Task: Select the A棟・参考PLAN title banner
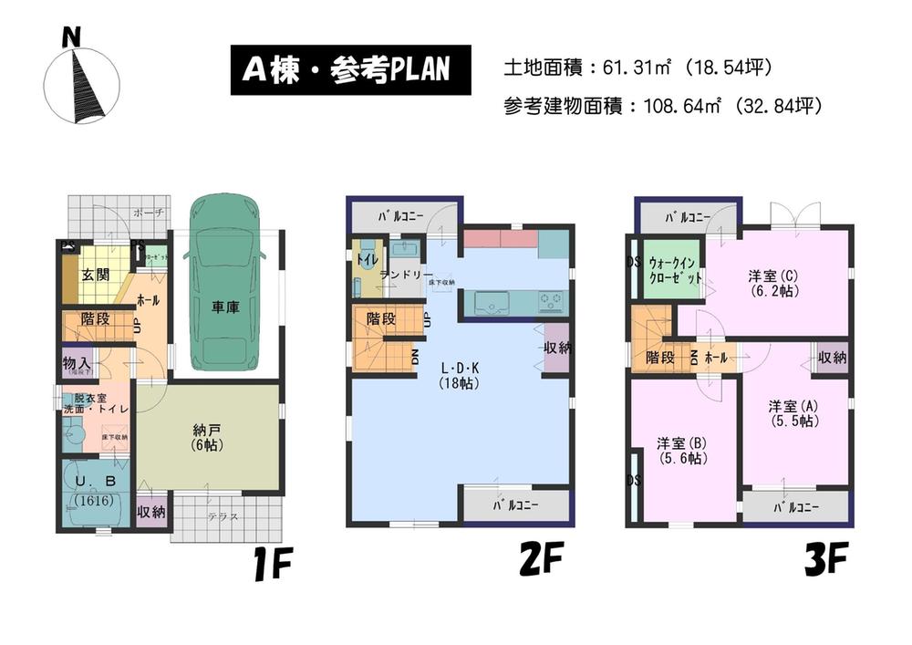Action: pos(349,70)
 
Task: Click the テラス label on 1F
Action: pos(223,516)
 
